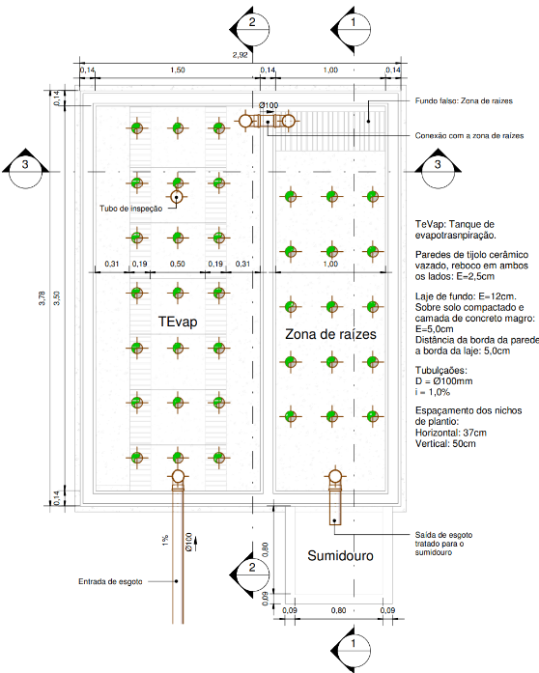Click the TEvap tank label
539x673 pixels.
(x=178, y=322)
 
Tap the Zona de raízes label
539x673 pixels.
(x=330, y=334)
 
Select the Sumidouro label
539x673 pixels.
(x=340, y=556)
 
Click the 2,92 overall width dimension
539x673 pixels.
(x=241, y=55)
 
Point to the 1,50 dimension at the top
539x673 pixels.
(x=178, y=70)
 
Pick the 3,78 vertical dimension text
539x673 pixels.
(x=43, y=298)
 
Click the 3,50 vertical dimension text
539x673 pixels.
(x=57, y=298)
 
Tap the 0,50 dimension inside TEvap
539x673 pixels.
(x=178, y=264)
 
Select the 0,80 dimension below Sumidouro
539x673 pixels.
(x=338, y=610)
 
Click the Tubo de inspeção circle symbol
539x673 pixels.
(x=177, y=197)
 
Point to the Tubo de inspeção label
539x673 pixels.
(x=131, y=209)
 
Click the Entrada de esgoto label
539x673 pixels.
(x=110, y=581)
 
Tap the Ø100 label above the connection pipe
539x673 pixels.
(x=269, y=105)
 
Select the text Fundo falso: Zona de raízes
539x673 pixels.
(x=464, y=100)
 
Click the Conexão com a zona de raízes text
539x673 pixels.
(x=469, y=135)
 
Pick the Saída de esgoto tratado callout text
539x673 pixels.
(x=443, y=544)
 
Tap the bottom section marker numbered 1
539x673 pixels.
(x=353, y=647)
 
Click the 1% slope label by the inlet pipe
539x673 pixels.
(x=165, y=541)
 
